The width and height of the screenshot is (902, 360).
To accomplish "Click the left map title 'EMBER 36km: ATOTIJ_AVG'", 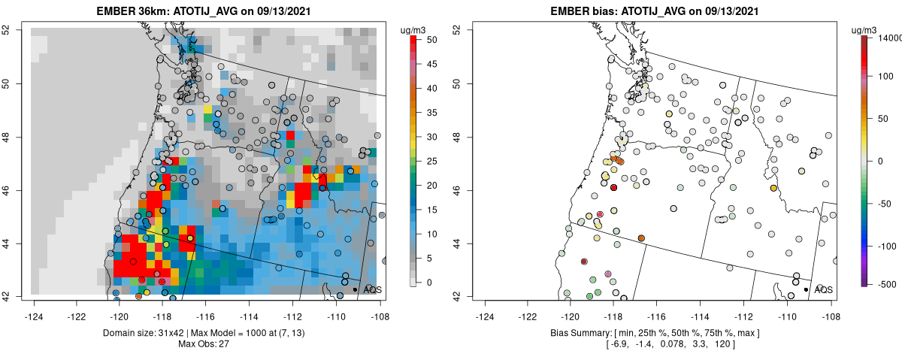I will coord(166,11).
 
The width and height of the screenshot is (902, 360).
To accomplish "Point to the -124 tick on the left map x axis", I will coord(34,307).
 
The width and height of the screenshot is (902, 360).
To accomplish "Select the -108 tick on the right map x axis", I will coord(830,307).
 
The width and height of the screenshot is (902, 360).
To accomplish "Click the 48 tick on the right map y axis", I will coord(466,137).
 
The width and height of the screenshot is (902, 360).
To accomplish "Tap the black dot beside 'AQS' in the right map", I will coord(806,289).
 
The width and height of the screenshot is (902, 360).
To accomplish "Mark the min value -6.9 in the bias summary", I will coord(616,343).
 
